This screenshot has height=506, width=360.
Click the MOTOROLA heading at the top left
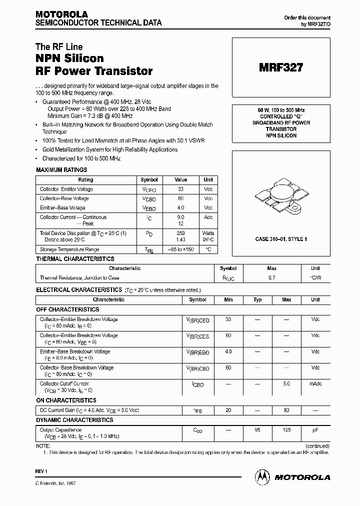(61, 14)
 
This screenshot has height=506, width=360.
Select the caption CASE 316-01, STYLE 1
(281, 239)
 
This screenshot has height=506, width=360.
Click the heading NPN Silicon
(69, 58)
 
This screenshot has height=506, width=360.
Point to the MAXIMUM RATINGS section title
(61, 170)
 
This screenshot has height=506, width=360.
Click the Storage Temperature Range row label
(69, 249)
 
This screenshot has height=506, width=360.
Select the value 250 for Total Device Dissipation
(180, 233)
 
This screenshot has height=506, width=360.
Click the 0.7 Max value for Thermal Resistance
(272, 277)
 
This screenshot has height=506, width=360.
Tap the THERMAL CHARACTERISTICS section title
(75, 259)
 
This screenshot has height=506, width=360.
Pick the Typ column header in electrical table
(257, 299)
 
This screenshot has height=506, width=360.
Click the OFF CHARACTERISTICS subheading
(67, 309)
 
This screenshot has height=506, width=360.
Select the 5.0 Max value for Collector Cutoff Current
(286, 384)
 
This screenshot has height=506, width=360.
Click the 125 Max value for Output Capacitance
(286, 430)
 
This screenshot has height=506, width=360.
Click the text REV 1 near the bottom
(41, 471)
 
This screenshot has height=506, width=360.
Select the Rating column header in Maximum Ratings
(85, 179)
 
